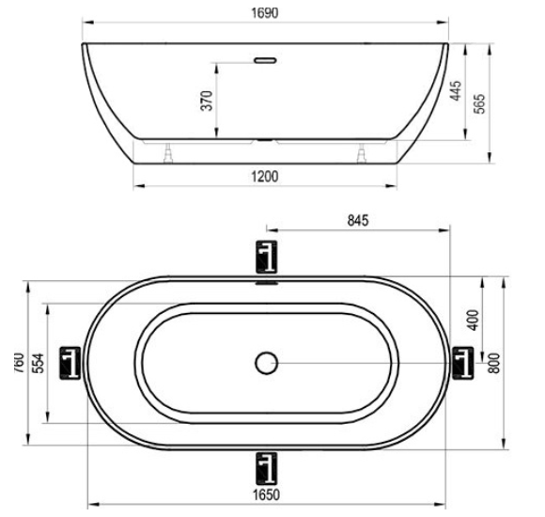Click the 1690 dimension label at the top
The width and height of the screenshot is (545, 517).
265,13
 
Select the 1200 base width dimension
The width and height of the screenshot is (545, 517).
264,177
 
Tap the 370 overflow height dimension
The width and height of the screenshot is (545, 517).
207,101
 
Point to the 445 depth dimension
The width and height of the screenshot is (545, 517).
456,91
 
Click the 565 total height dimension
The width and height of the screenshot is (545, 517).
479,103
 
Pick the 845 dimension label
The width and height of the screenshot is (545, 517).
358,220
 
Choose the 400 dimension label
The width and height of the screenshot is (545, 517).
473,320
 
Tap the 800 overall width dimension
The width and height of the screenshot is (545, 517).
494,364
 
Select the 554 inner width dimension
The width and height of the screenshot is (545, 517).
39,364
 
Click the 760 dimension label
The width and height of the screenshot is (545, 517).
20,364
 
